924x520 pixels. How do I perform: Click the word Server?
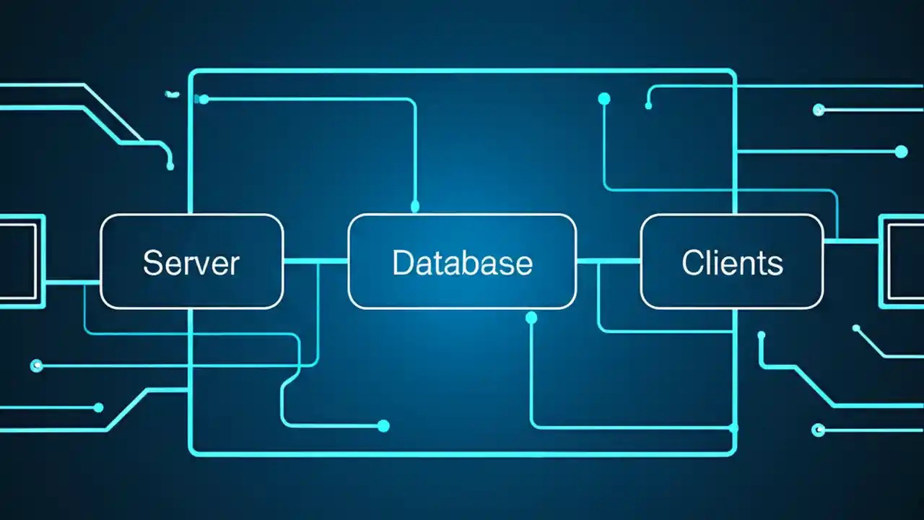pos(191,262)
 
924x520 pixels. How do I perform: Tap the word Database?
pos(462,262)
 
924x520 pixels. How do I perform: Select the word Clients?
pos(731,262)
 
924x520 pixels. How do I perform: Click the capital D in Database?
pos(402,262)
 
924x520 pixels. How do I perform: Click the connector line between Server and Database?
pos(315,261)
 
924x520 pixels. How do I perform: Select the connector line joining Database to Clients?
pos(609,261)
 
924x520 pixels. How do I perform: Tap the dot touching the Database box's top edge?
pos(415,207)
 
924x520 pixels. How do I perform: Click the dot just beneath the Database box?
pos(532,318)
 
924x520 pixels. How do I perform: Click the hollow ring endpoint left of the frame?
pos(37,366)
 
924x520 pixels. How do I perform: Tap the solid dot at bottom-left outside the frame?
pos(99,407)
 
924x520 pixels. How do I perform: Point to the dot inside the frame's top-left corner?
pos(204,99)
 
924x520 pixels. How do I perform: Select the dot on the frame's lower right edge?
pos(733,428)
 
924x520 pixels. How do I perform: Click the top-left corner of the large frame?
pos(191,72)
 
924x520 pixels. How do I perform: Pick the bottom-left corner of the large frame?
pos(191,453)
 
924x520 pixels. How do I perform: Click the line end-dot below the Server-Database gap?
pos(383,426)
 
